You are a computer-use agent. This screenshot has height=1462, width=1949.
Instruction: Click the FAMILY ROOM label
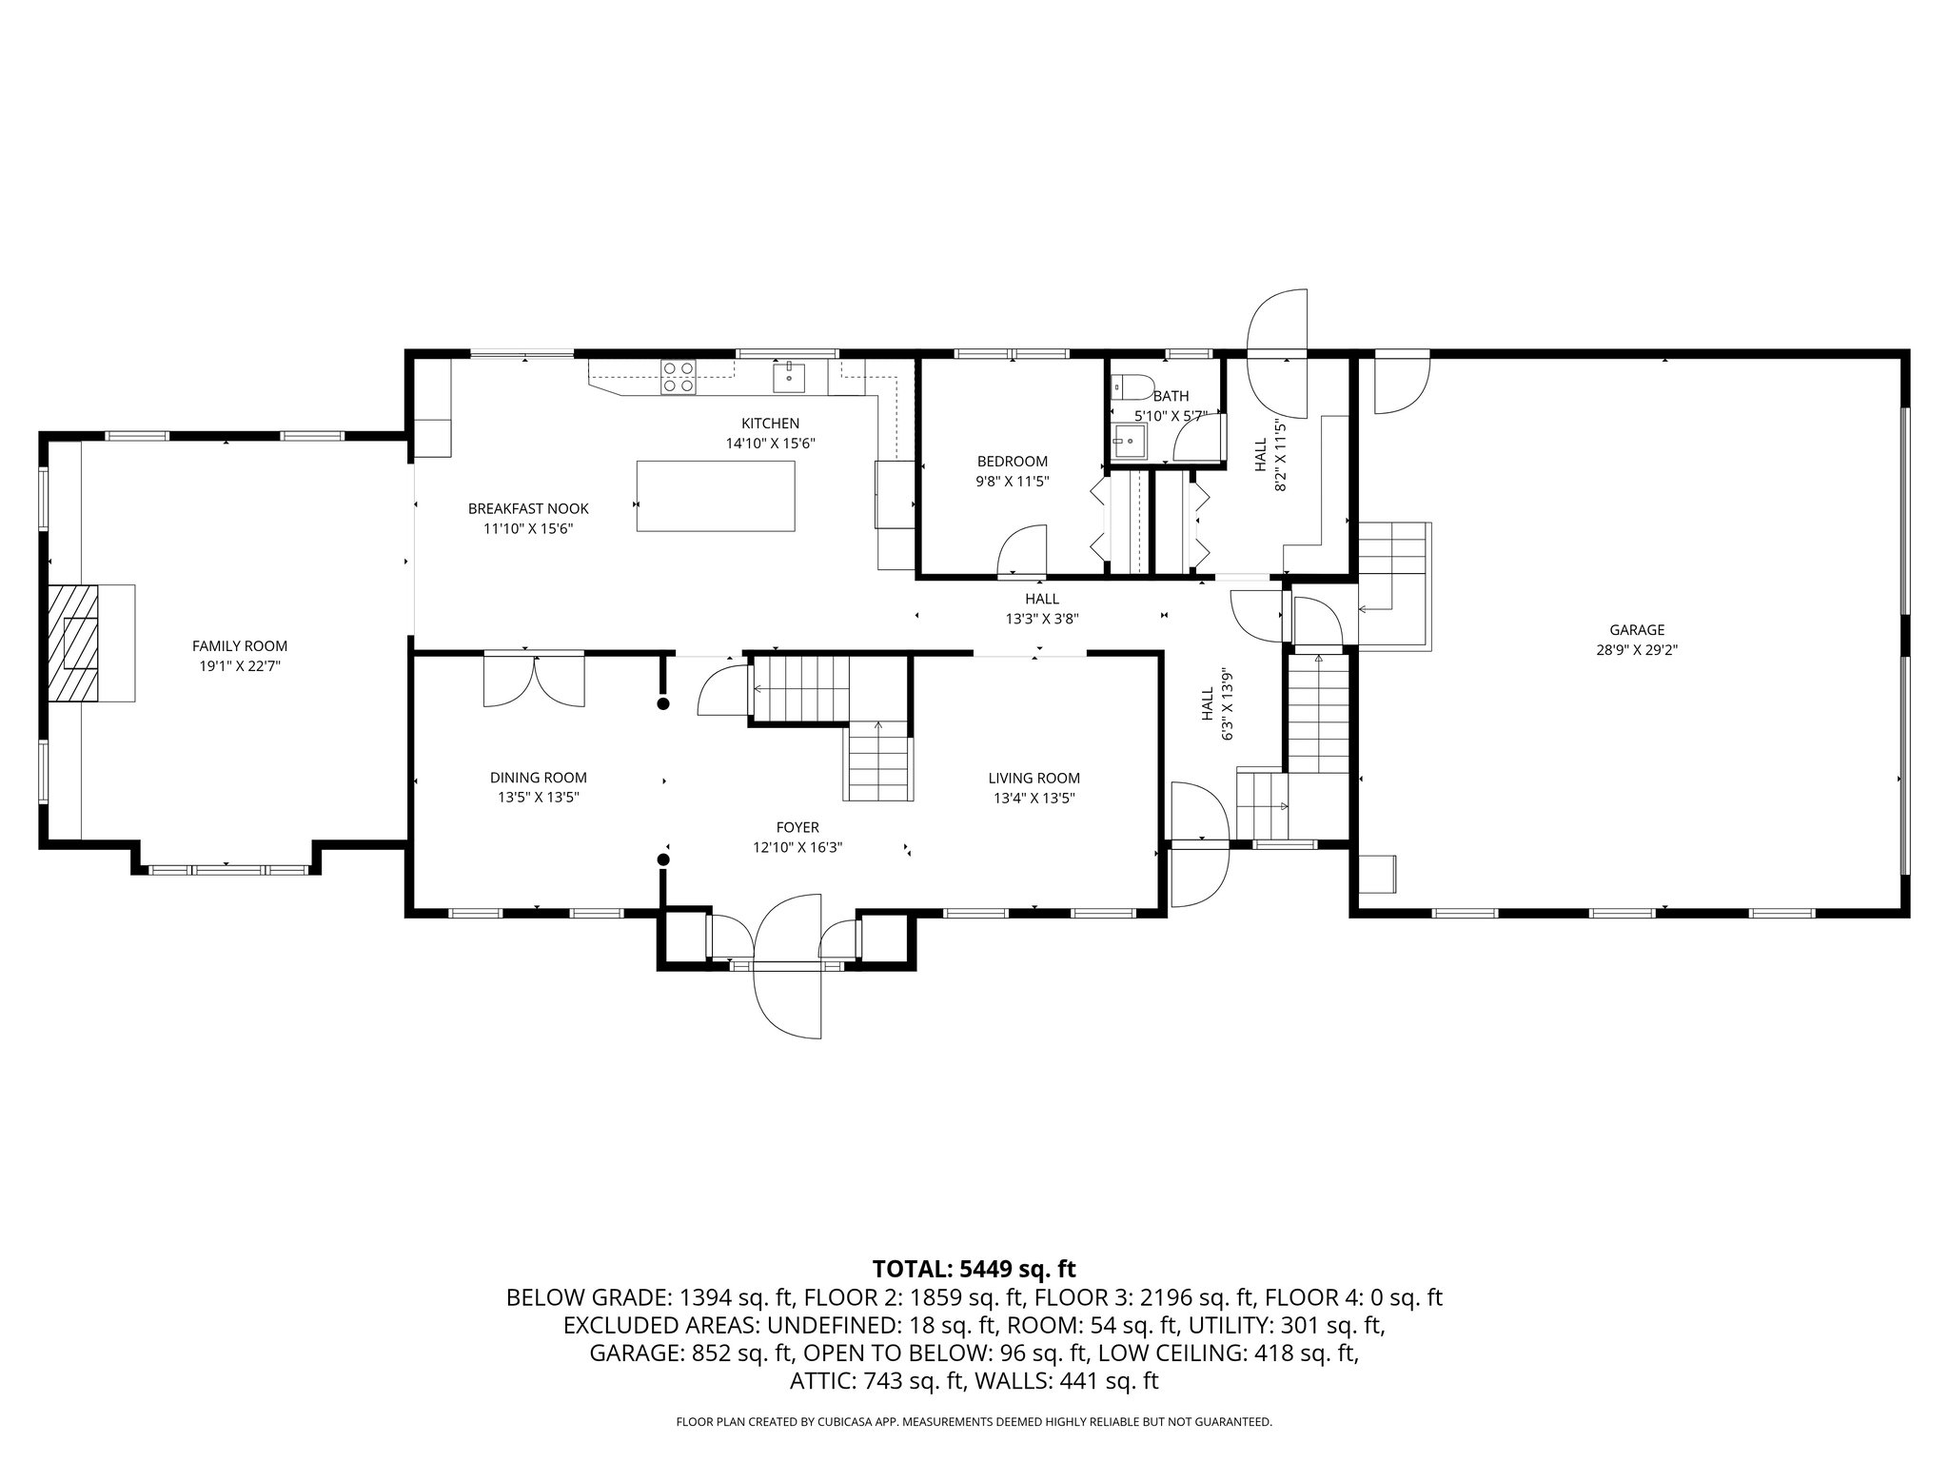[x=239, y=646]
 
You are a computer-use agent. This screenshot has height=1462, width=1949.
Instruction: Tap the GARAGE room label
[x=1637, y=629]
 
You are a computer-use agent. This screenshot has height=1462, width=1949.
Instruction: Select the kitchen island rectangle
[x=716, y=496]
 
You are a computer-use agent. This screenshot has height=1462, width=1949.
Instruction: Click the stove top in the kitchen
[x=679, y=376]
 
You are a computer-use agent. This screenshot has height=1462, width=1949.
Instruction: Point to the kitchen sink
[x=789, y=377]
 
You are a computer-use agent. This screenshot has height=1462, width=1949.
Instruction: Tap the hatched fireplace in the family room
[x=74, y=643]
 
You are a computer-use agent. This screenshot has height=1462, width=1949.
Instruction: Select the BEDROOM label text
[x=1013, y=462]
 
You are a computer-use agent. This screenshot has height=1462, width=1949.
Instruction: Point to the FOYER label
[x=797, y=827]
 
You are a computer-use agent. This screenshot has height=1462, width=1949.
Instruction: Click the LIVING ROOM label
[x=1034, y=778]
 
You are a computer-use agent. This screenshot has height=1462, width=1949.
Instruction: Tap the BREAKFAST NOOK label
[x=528, y=509]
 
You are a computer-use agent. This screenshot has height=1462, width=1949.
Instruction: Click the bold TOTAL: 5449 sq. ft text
[x=974, y=1268]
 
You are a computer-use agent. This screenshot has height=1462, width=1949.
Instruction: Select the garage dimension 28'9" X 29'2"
[x=1637, y=650]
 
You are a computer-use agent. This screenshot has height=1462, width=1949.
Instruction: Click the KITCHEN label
[x=771, y=423]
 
